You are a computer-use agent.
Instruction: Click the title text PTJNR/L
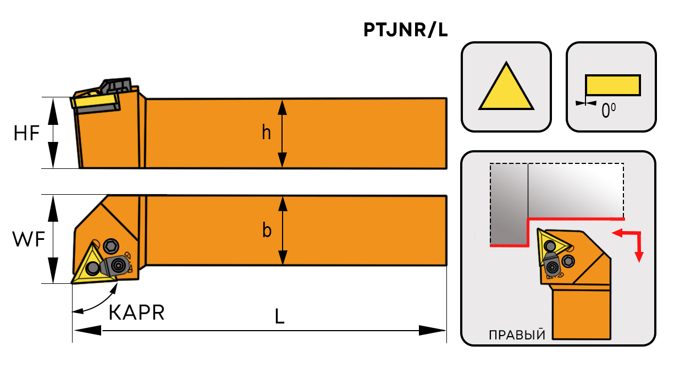pos(406,30)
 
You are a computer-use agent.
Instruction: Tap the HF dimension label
pos(27,133)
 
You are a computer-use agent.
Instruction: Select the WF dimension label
pos(28,239)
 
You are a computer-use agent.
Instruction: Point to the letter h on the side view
pos(266,133)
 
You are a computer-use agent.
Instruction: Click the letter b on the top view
pos(267,231)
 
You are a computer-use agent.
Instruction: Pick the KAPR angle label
pos(137,312)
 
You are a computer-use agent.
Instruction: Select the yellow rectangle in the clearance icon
pos(612,85)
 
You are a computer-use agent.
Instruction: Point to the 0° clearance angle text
pos(608,112)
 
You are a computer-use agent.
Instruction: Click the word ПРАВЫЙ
pos(516,335)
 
